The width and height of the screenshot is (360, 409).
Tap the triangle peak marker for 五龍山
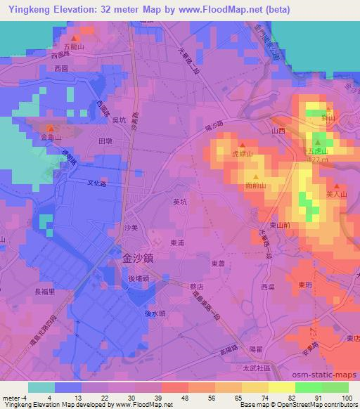click(x=74, y=39)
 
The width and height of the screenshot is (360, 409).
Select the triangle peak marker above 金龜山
click(x=51, y=128)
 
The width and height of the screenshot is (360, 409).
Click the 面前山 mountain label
click(x=255, y=186)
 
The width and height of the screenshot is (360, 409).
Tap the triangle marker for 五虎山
click(x=317, y=143)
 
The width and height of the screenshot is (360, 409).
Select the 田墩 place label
click(x=106, y=141)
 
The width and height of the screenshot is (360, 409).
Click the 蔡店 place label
click(x=196, y=287)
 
